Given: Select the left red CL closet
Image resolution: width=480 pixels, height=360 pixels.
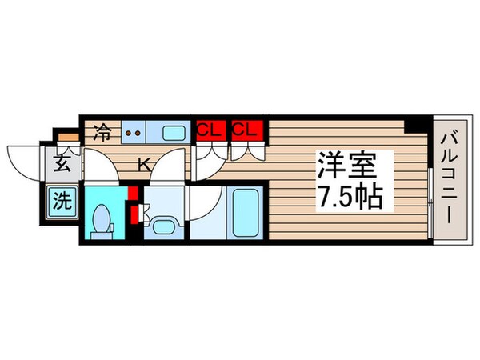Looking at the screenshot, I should pyautogui.click(x=209, y=129).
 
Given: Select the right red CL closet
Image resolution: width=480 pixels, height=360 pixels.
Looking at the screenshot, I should pyautogui.click(x=245, y=129).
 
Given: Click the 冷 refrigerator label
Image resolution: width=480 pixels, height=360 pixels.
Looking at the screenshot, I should pyautogui.click(x=102, y=130).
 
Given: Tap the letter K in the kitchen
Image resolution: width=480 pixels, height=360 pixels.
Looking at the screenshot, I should pyautogui.click(x=144, y=165).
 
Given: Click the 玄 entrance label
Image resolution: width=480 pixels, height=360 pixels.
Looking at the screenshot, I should pyautogui.click(x=62, y=166).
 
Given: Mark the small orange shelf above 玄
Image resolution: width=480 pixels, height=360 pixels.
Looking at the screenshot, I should pyautogui.click(x=69, y=137).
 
